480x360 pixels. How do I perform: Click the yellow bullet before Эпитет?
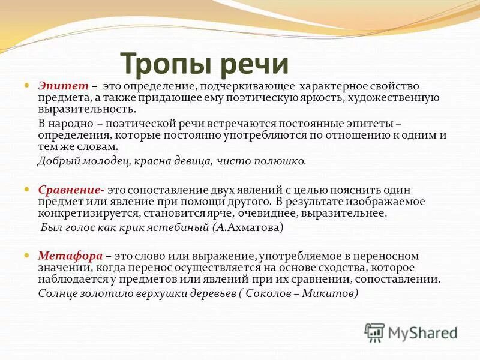[x=26, y=86]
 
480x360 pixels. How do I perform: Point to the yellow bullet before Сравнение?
[x=26, y=189]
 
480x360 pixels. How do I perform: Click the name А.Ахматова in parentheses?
[x=247, y=228]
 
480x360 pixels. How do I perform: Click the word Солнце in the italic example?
[x=57, y=293]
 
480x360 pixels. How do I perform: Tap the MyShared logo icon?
[x=375, y=332]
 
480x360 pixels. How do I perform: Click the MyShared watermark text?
[x=422, y=332]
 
